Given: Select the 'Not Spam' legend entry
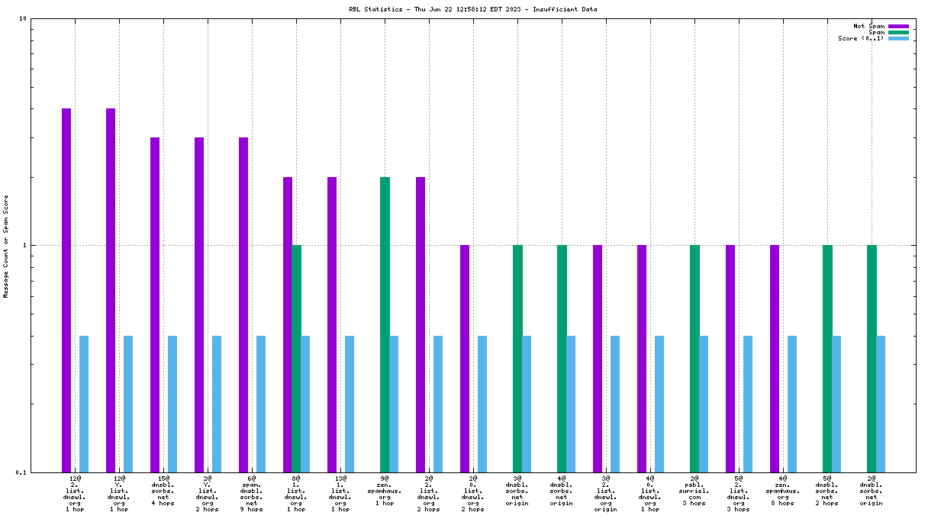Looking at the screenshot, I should (x=868, y=26).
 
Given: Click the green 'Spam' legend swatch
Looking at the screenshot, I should (x=898, y=32).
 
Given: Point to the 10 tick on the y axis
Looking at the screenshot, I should (x=23, y=18).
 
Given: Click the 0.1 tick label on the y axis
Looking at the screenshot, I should (x=21, y=472).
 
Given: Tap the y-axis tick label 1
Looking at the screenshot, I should (x=24, y=245).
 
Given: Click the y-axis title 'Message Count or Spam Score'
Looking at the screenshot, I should (x=7, y=246).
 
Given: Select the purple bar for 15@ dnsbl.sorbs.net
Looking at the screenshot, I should (x=155, y=304).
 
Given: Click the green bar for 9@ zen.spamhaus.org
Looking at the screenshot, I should (x=385, y=324).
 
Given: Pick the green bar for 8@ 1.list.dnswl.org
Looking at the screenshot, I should (x=296, y=358).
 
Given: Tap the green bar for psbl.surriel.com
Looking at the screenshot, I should (x=694, y=358).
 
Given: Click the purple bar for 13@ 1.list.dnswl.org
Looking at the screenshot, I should (x=332, y=324).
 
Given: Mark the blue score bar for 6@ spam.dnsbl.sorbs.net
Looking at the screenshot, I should (x=261, y=404).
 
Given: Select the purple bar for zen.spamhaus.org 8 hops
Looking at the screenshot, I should (x=775, y=358).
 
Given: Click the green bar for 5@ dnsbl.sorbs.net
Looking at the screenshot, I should (x=827, y=358).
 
